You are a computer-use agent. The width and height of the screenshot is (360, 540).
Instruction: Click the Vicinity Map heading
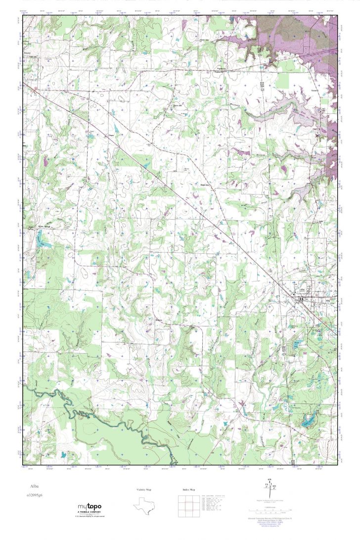tap(144, 490)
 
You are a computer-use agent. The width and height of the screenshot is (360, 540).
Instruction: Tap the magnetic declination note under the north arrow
tap(270, 500)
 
